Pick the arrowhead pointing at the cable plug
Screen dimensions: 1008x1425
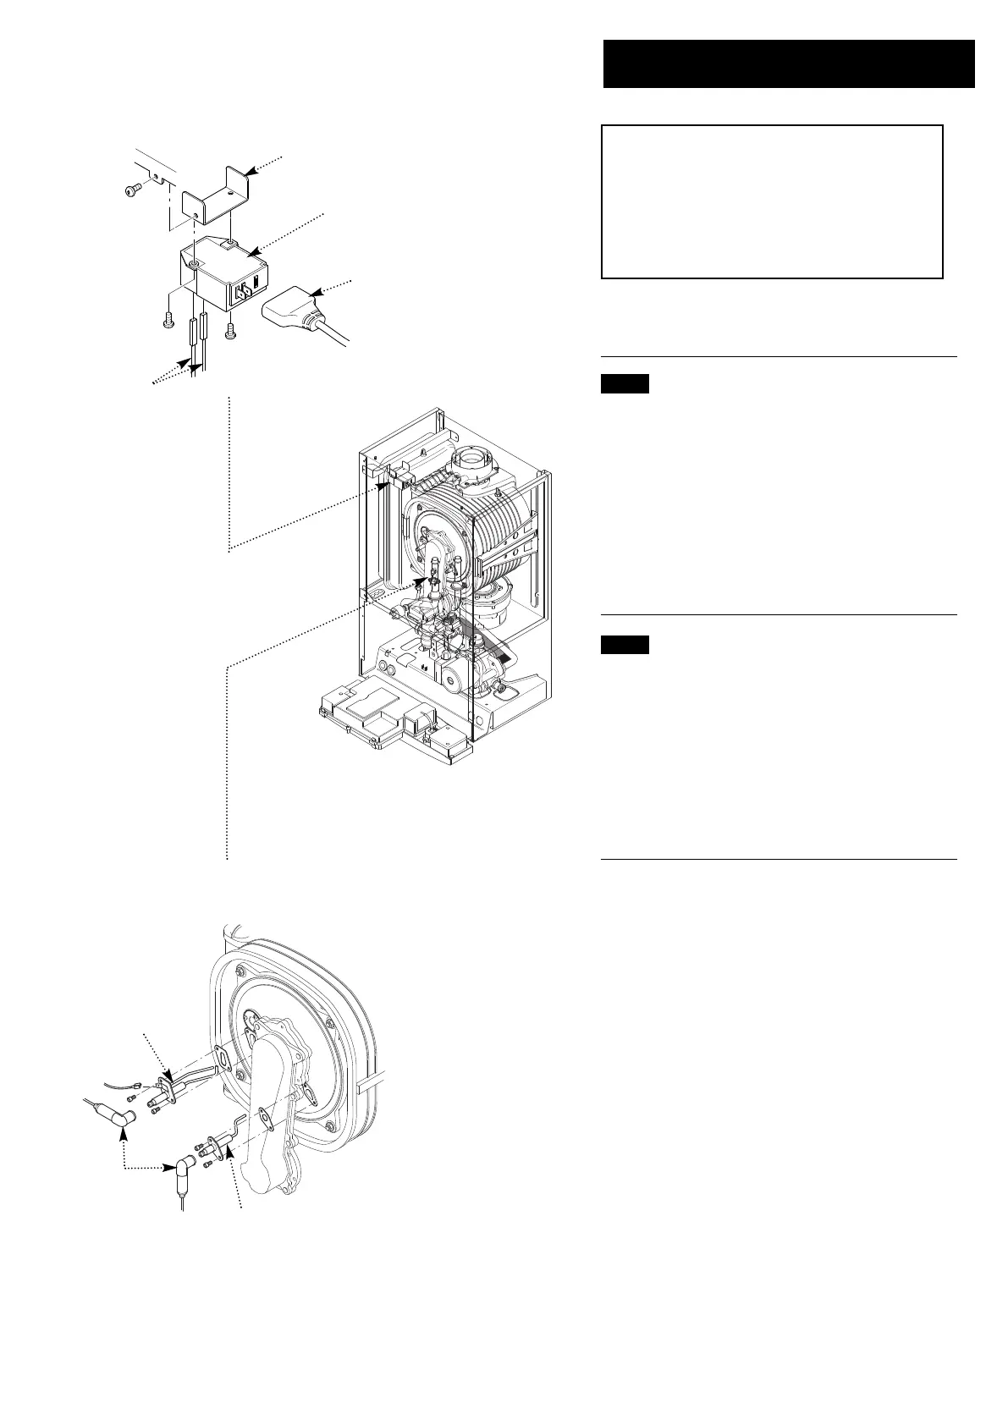(x=318, y=293)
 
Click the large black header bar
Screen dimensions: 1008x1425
(x=788, y=63)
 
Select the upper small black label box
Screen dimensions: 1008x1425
(x=625, y=384)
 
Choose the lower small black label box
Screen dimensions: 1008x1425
(x=625, y=645)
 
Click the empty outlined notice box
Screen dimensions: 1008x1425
(x=771, y=201)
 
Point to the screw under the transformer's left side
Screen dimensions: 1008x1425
(x=166, y=321)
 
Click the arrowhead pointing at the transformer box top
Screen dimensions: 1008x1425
(x=251, y=250)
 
